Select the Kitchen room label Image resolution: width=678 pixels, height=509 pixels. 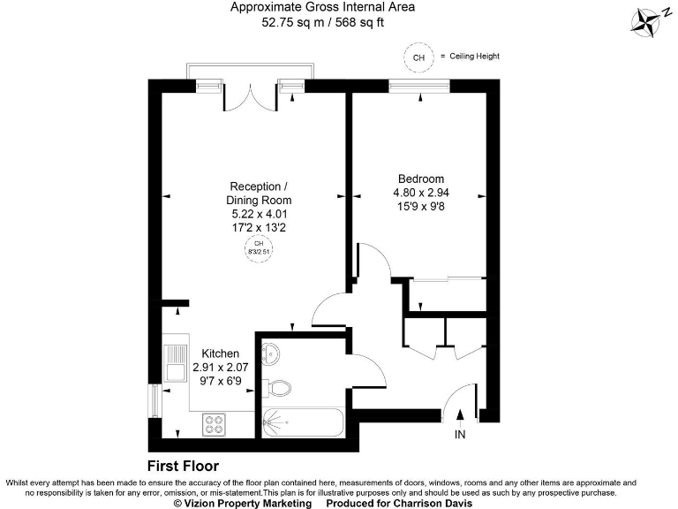(x=221, y=353)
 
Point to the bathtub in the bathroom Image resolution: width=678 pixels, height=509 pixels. (x=301, y=422)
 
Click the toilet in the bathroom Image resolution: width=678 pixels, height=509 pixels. (x=280, y=388)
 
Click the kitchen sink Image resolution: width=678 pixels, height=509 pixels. (x=173, y=363)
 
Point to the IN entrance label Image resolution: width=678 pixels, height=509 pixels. (x=459, y=436)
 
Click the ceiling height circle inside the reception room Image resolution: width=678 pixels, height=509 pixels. (x=259, y=247)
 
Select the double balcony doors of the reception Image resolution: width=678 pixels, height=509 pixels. (x=250, y=91)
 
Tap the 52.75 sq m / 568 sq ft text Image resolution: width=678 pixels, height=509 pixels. (x=322, y=24)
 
